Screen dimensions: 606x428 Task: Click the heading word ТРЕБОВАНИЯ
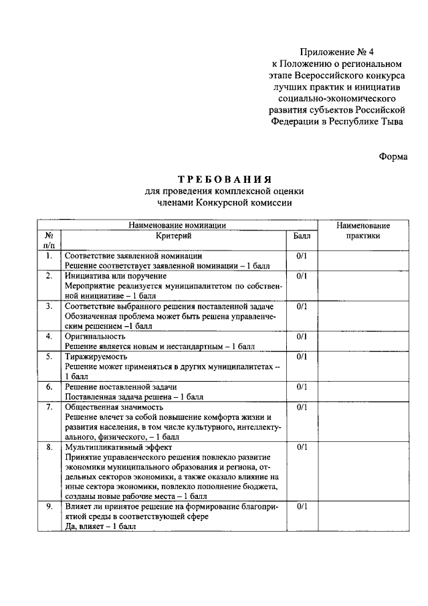coord(224,179)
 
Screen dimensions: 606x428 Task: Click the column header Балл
coord(302,236)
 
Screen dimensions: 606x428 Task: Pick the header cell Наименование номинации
coord(177,226)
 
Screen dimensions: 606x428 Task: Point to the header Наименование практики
coord(363,231)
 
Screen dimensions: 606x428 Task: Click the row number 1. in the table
coord(49,256)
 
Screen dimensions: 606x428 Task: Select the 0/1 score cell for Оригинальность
coord(302,336)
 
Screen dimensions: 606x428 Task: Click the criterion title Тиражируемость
coord(96,356)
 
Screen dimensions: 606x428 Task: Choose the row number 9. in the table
coord(49,507)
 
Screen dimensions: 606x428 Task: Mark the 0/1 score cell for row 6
coord(302,386)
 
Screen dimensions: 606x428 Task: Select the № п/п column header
coord(49,240)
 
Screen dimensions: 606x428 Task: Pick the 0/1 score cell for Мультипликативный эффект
coord(302,447)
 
